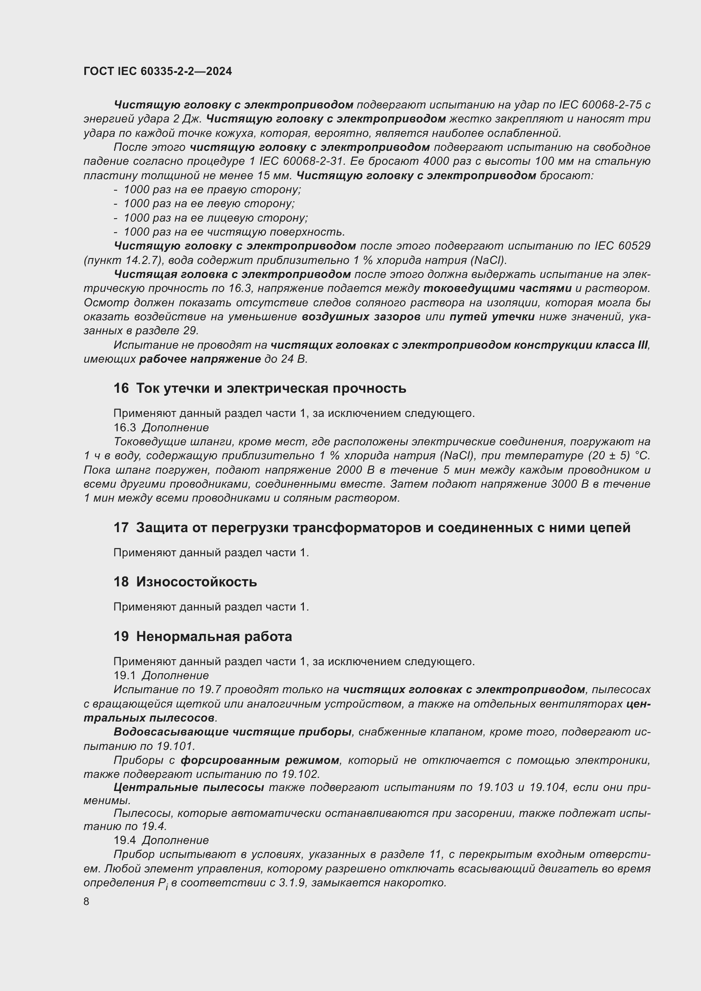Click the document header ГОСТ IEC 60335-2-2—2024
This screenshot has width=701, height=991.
158,71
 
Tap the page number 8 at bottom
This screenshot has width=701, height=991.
86,901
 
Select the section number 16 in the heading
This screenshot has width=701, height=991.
121,388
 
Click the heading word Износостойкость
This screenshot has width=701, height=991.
196,581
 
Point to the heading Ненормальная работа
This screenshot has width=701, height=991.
214,636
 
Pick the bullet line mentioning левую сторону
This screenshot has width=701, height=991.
209,204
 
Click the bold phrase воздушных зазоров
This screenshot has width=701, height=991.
361,317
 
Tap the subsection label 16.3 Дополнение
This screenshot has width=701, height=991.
161,427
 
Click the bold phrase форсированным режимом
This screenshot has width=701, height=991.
260,760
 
